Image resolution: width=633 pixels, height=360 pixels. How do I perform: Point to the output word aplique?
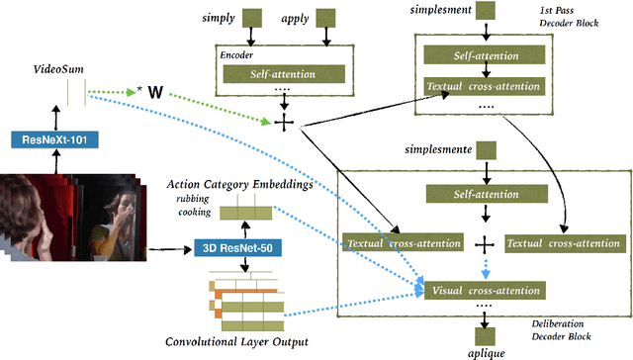pyautogui.click(x=486, y=351)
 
